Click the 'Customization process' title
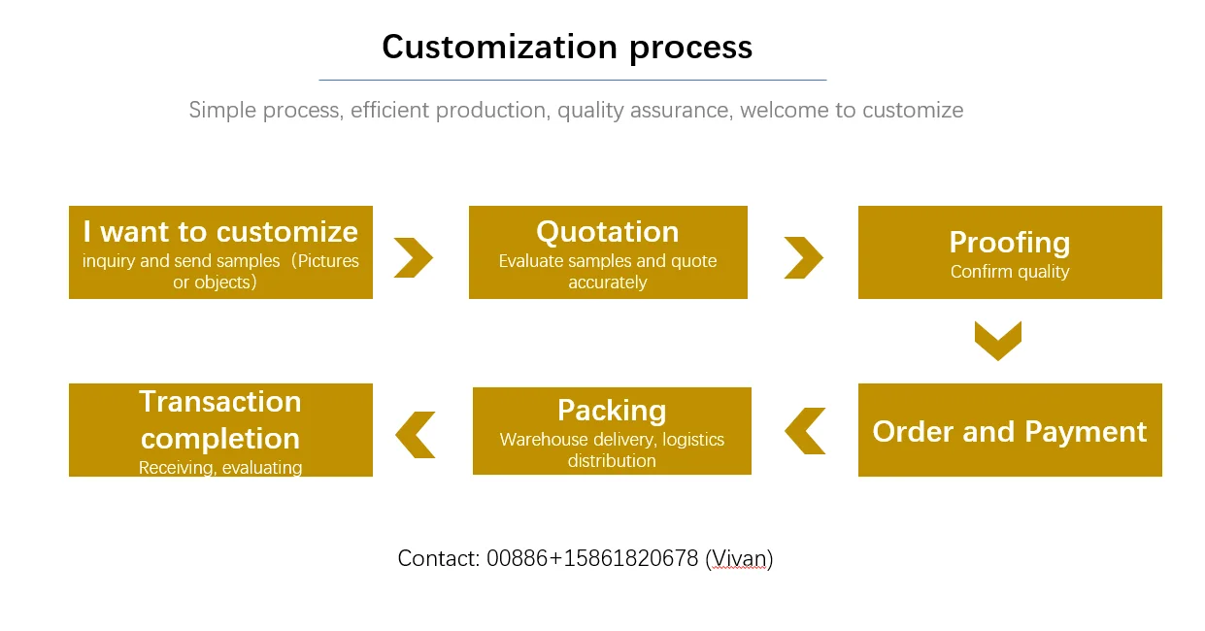pyautogui.click(x=567, y=48)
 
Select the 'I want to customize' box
pyautogui.click(x=220, y=252)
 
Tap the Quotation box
pyautogui.click(x=608, y=252)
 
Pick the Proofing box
pyautogui.click(x=1010, y=252)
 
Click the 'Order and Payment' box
pyautogui.click(x=1010, y=430)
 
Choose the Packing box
pyautogui.click(x=612, y=431)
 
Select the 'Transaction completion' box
pyautogui.click(x=220, y=430)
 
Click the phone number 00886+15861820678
pyautogui.click(x=592, y=558)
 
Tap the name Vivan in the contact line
pyautogui.click(x=739, y=559)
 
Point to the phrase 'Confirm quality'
pyautogui.click(x=1010, y=272)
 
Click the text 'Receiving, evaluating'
pyautogui.click(x=220, y=468)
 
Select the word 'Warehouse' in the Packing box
pyautogui.click(x=544, y=440)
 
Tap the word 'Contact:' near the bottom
pyautogui.click(x=439, y=558)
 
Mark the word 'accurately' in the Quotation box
pyautogui.click(x=608, y=282)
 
